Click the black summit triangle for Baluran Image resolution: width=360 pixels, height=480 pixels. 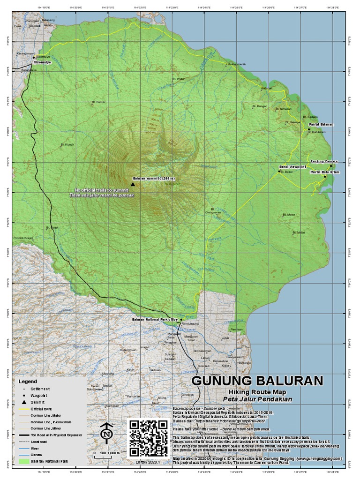(133, 184)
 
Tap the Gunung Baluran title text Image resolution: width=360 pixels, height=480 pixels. (257, 380)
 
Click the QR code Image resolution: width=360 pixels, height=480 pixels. (148, 438)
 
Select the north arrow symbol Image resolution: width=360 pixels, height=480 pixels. (107, 434)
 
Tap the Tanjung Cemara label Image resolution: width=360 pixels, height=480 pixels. (324, 161)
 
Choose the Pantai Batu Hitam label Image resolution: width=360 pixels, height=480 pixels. (324, 172)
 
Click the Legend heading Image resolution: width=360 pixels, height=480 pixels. (27, 381)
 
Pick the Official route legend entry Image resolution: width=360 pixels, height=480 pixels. (43, 409)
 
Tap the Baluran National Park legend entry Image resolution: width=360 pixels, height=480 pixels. (49, 461)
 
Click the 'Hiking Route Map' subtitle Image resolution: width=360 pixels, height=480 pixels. (257, 392)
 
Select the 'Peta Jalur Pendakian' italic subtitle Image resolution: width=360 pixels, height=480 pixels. (257, 399)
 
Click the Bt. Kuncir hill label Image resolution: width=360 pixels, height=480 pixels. (68, 145)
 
